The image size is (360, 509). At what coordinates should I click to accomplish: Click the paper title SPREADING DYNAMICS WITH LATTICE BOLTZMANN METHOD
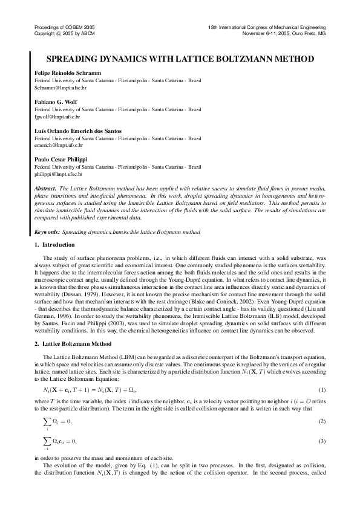click(180, 59)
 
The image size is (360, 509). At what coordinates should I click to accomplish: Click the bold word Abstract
click(47, 189)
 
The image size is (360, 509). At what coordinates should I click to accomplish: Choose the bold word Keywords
click(47, 232)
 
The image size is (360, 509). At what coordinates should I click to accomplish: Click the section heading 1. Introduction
click(54, 245)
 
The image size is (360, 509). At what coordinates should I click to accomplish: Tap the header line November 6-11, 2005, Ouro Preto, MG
click(284, 34)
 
